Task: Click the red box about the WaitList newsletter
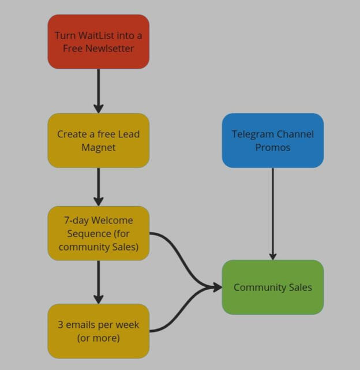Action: click(x=98, y=42)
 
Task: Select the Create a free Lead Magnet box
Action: click(x=98, y=140)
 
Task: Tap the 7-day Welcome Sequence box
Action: click(x=98, y=234)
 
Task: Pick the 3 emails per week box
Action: click(x=98, y=331)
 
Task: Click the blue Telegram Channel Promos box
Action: click(x=272, y=140)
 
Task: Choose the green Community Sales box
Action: click(x=272, y=287)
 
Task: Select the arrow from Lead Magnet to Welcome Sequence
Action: click(x=98, y=186)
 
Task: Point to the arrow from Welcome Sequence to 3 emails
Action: click(x=98, y=282)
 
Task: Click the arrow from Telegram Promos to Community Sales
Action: click(x=272, y=214)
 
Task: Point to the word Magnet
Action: click(x=98, y=147)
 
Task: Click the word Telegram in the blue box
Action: click(x=252, y=134)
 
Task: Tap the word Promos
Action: click(x=272, y=147)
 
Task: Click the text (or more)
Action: click(x=98, y=338)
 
